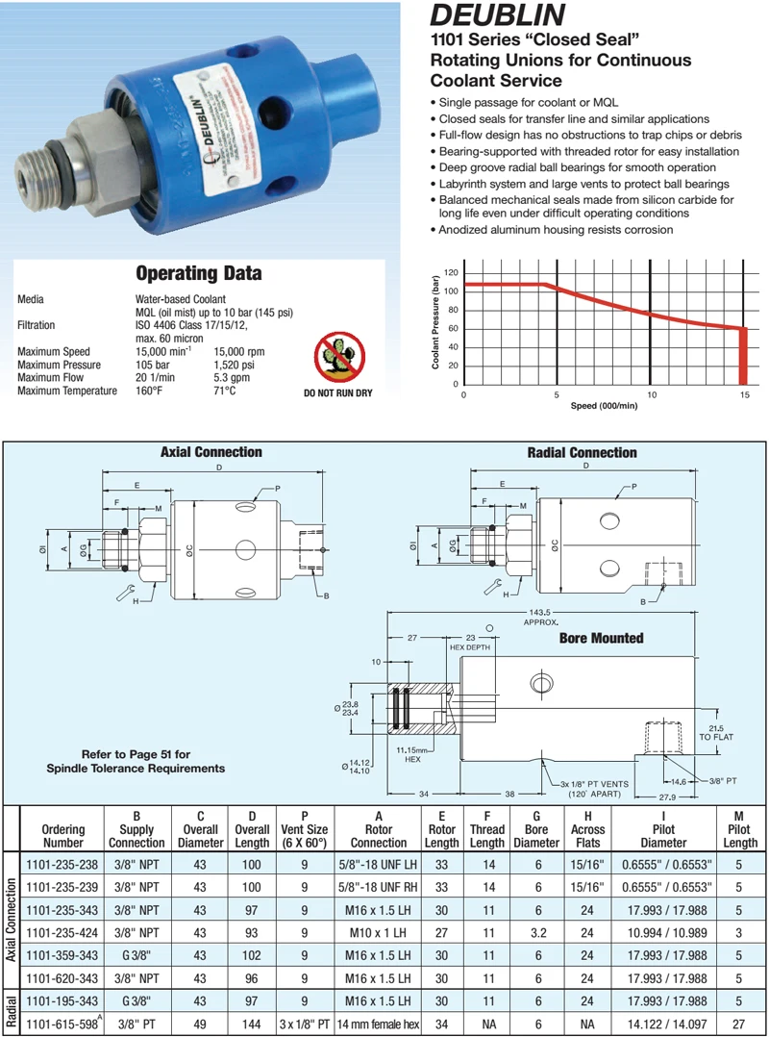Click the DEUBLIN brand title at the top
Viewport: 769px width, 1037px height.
(x=496, y=16)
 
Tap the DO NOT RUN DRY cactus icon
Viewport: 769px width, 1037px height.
(x=337, y=356)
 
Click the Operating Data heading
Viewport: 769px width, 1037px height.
(x=198, y=273)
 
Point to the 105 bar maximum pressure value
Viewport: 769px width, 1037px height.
(x=151, y=366)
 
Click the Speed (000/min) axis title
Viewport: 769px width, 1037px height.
(x=604, y=406)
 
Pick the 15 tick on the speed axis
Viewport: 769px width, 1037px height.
(x=743, y=394)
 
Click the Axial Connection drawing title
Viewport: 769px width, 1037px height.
(x=211, y=452)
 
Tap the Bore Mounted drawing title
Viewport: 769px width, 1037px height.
(x=601, y=638)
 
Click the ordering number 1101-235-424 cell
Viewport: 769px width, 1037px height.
(x=63, y=932)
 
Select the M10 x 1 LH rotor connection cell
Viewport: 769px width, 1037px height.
(x=378, y=932)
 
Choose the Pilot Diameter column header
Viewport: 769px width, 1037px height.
(x=662, y=835)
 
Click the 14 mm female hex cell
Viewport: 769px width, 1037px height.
(x=378, y=1024)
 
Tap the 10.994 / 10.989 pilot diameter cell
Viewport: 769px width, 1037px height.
(x=662, y=932)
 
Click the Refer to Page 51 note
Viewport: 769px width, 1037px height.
(x=136, y=761)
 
